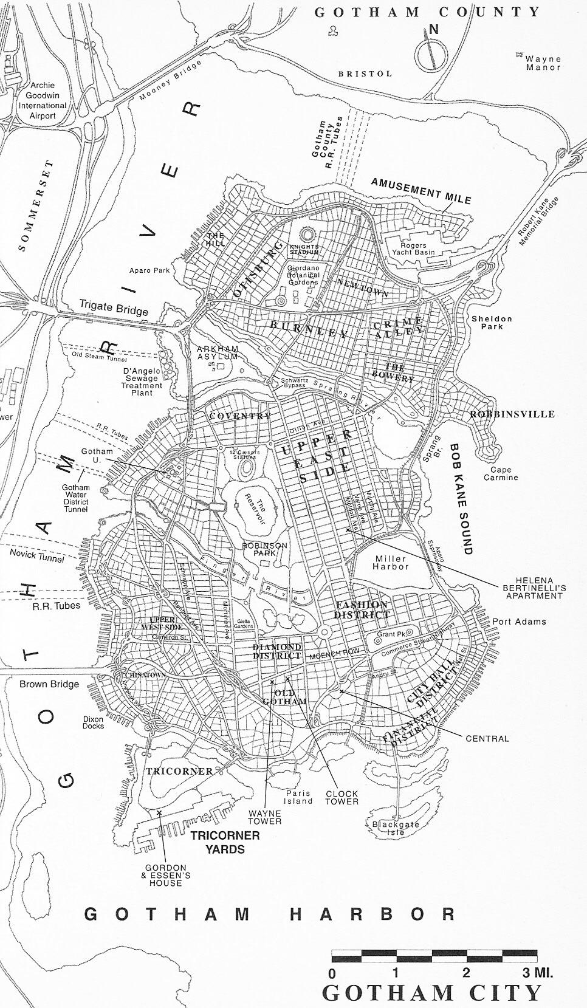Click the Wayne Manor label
(543, 63)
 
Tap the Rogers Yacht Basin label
(413, 249)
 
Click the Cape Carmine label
(501, 473)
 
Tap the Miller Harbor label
(391, 563)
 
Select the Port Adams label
(519, 622)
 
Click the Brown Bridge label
(49, 684)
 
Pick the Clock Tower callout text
(342, 797)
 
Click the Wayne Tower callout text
(264, 817)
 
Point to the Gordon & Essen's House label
(166, 875)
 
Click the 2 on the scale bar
(465, 973)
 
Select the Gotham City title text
(431, 993)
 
